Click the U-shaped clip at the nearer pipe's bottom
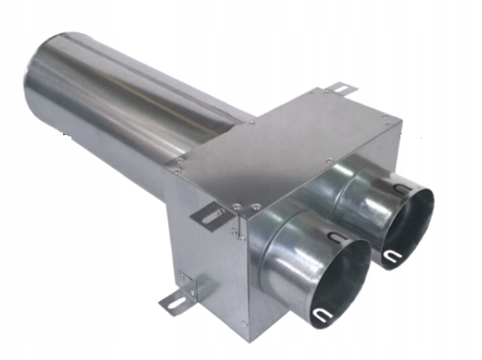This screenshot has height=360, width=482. coord(320,315)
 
